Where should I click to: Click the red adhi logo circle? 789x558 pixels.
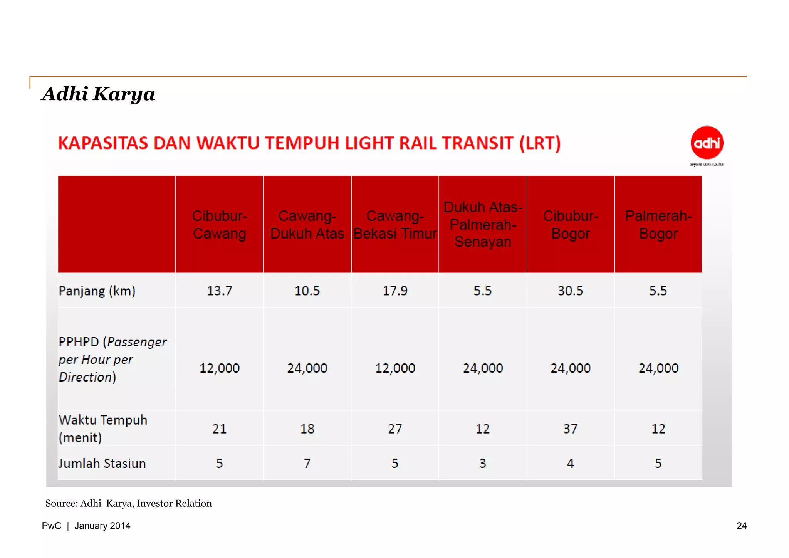click(707, 143)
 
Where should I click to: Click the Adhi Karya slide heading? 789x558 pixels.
click(98, 94)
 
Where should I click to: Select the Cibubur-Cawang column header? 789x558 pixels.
click(219, 225)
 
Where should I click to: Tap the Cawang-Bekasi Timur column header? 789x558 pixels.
click(395, 225)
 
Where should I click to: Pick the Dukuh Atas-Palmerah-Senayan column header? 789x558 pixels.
click(483, 225)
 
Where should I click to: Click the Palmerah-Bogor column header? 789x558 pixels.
click(658, 225)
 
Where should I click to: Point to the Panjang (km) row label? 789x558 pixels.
click(97, 291)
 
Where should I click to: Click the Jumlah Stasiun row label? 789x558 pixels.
click(102, 463)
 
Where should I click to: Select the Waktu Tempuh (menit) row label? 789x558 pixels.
click(103, 429)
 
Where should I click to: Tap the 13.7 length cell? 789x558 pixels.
click(219, 291)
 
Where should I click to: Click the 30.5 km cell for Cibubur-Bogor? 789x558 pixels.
click(570, 291)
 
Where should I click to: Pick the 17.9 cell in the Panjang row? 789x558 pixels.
click(395, 291)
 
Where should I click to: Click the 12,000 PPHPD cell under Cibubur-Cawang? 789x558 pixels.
click(219, 368)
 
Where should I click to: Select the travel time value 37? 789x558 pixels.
click(570, 429)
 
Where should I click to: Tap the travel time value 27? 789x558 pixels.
click(395, 429)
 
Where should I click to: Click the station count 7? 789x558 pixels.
click(307, 463)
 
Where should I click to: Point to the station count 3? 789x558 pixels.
click(483, 463)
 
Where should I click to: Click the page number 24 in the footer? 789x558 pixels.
click(741, 526)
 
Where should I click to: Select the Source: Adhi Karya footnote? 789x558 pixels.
click(128, 504)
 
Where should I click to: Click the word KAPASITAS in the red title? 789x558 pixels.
click(103, 143)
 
